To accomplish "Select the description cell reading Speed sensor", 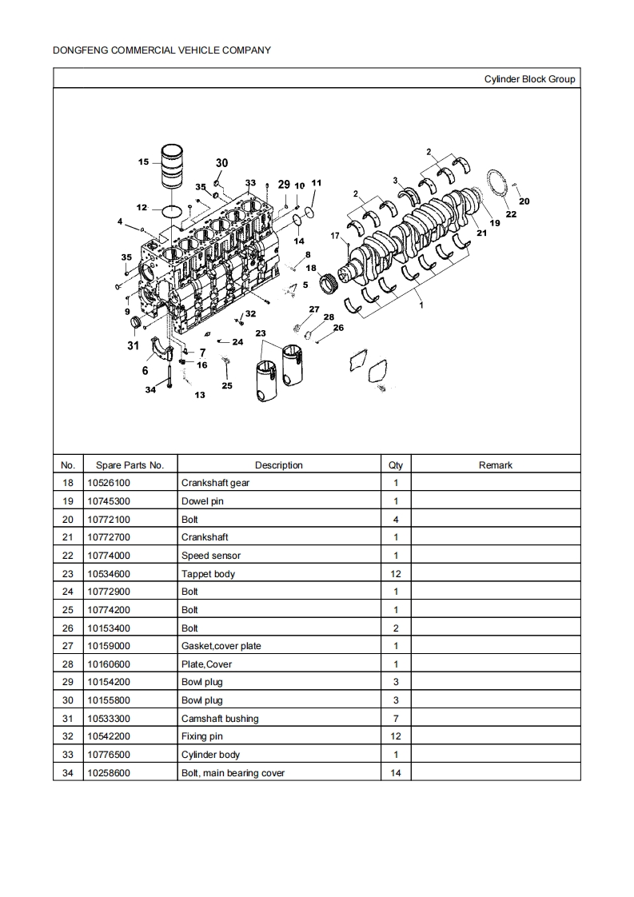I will (211, 556).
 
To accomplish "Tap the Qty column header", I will (396, 464).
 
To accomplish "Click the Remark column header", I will (495, 464).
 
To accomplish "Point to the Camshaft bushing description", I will (220, 719).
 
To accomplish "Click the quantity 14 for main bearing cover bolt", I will (396, 773).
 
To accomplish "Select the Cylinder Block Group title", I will (529, 79).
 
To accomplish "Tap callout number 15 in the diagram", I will (143, 162).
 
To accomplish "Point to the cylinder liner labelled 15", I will (173, 166).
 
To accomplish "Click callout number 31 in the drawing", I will (133, 345).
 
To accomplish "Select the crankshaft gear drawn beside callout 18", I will (326, 281).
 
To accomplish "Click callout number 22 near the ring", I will (512, 214).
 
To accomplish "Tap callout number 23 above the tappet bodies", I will (261, 333).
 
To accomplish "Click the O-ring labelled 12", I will (170, 212).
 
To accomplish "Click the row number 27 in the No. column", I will (68, 646).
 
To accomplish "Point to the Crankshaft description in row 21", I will (205, 537).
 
